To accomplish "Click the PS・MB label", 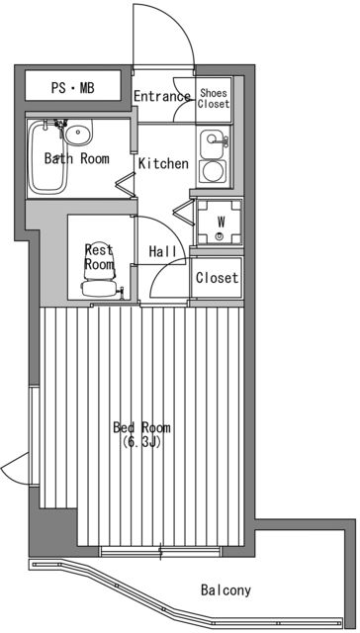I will point(72,88).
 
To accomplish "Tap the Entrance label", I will point(161,96).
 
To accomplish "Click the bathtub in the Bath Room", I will point(48,158).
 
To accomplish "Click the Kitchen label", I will point(163,163).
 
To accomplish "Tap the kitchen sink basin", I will point(212,142).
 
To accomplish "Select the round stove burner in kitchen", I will point(212,171).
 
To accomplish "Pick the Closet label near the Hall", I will point(217,278).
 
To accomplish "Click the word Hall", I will point(163,252).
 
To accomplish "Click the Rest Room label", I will point(99,257).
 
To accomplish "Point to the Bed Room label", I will point(141,427).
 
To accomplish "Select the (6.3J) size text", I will point(141,442).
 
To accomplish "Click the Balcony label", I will point(225,590).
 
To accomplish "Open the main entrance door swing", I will point(163,35).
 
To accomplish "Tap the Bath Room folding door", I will point(126,181).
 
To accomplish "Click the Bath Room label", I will point(76,158).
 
